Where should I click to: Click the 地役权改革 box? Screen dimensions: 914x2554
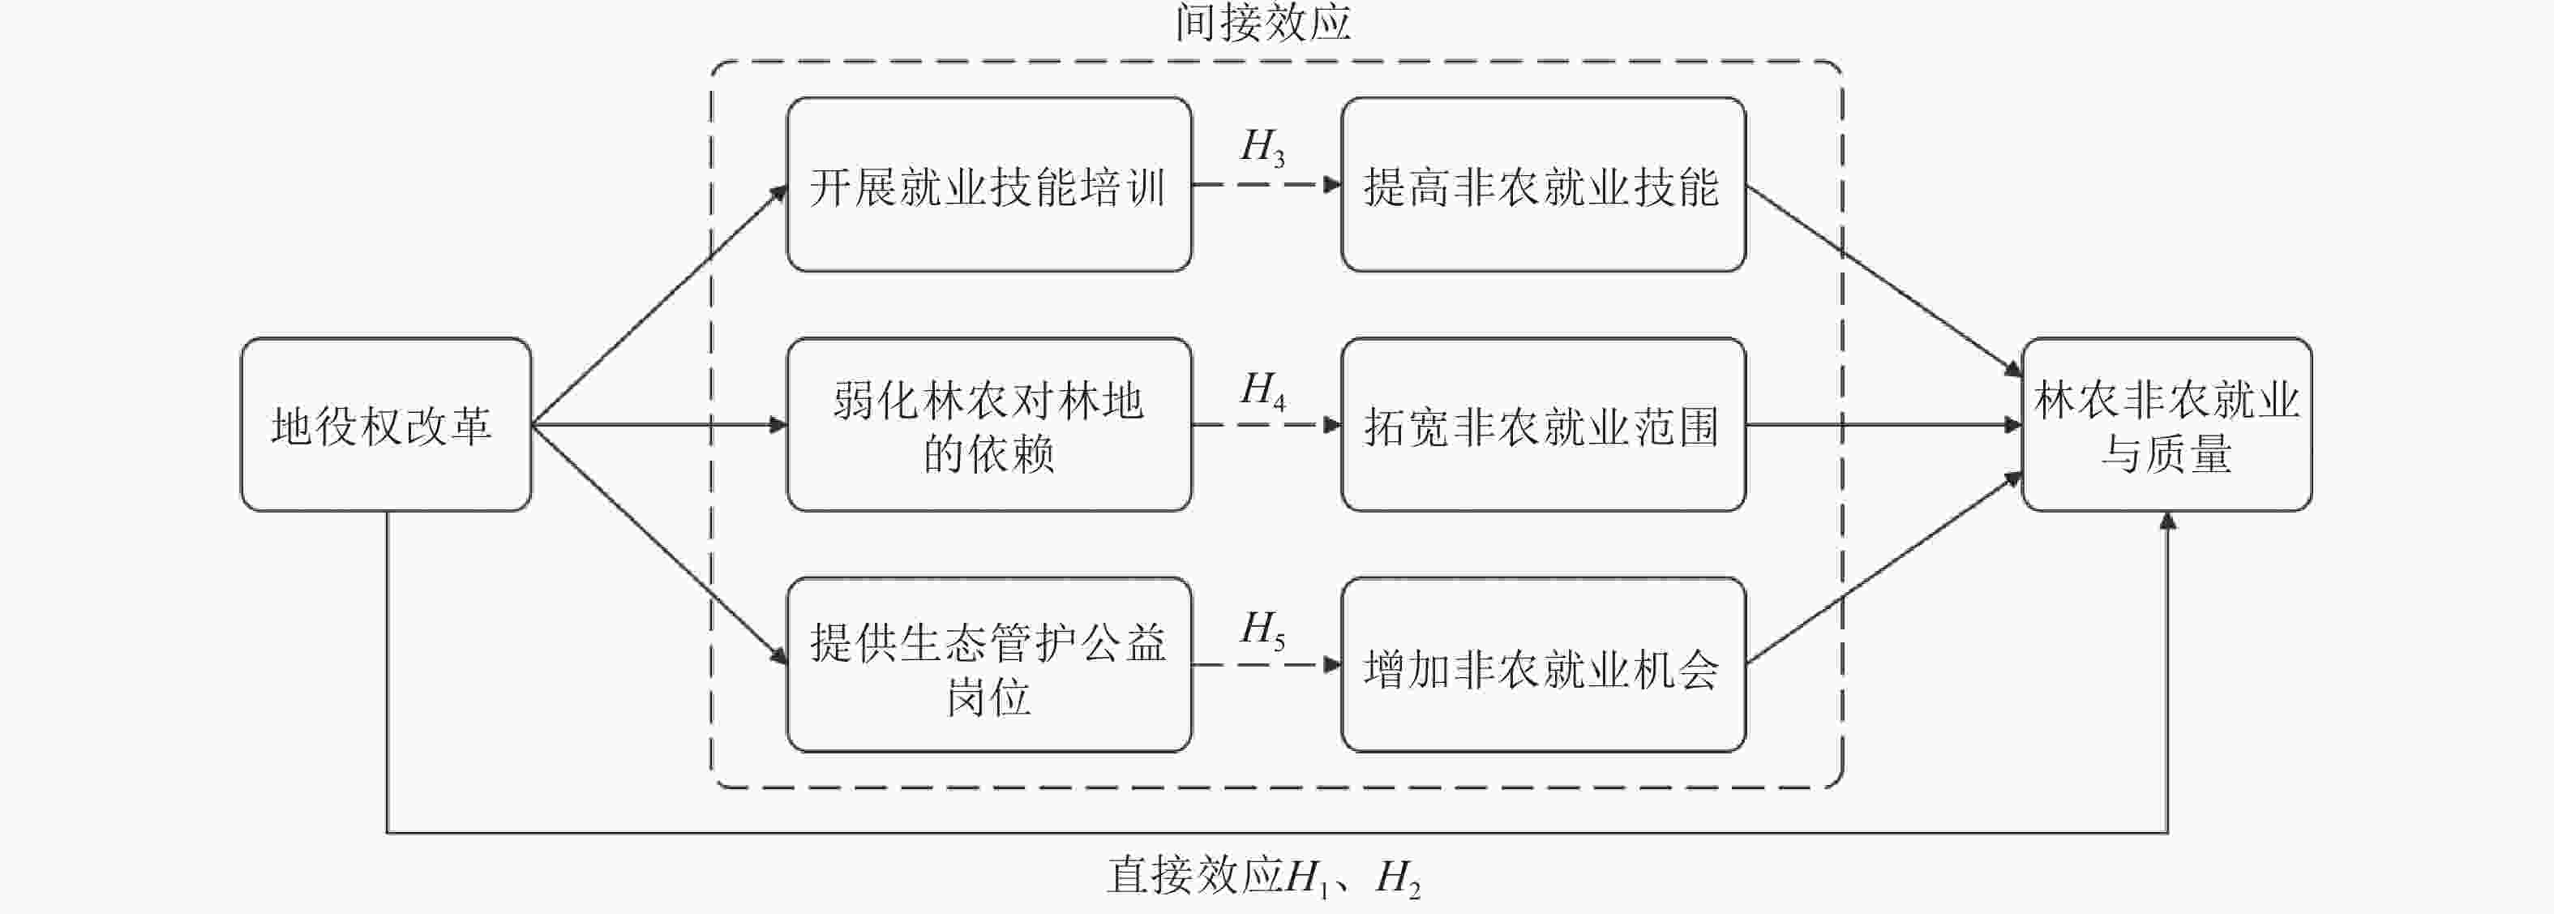click(x=386, y=425)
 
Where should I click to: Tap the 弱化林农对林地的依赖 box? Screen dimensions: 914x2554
click(x=988, y=425)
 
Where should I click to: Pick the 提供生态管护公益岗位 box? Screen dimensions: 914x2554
click(x=988, y=665)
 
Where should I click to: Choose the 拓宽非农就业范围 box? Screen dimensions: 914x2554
click(x=1543, y=425)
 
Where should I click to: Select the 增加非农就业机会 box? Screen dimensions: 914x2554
click(x=1543, y=665)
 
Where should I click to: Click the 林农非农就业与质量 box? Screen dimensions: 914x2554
click(x=2166, y=425)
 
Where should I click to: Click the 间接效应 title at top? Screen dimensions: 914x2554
click(x=1263, y=22)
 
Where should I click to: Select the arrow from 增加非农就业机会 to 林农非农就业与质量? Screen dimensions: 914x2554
click(x=1883, y=569)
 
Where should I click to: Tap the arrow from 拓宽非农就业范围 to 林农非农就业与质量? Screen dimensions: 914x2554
click(x=1883, y=425)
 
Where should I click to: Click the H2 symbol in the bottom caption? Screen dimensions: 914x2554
click(x=1398, y=878)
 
